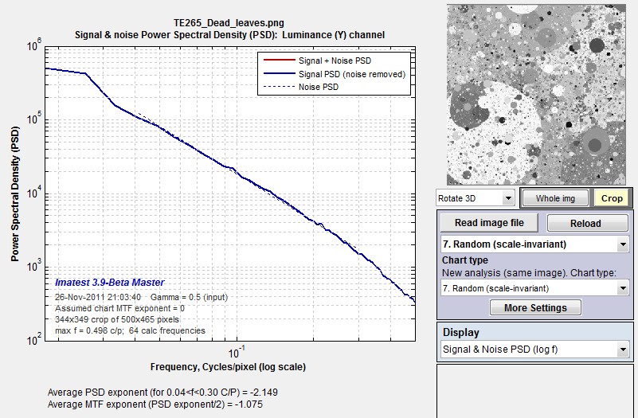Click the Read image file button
(490, 223)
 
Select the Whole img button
(555, 198)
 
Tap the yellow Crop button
(612, 198)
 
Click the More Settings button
(535, 308)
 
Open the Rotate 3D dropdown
(475, 198)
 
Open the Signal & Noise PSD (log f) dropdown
(535, 350)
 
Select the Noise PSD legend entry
(301, 87)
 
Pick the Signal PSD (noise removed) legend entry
(335, 74)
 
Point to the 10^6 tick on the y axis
(34, 45)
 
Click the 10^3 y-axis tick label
(34, 267)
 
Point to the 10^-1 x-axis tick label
(237, 352)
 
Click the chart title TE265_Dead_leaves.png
(229, 23)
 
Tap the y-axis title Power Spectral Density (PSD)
(15, 194)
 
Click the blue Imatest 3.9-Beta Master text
(109, 282)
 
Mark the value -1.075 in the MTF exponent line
(249, 404)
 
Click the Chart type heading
(465, 260)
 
